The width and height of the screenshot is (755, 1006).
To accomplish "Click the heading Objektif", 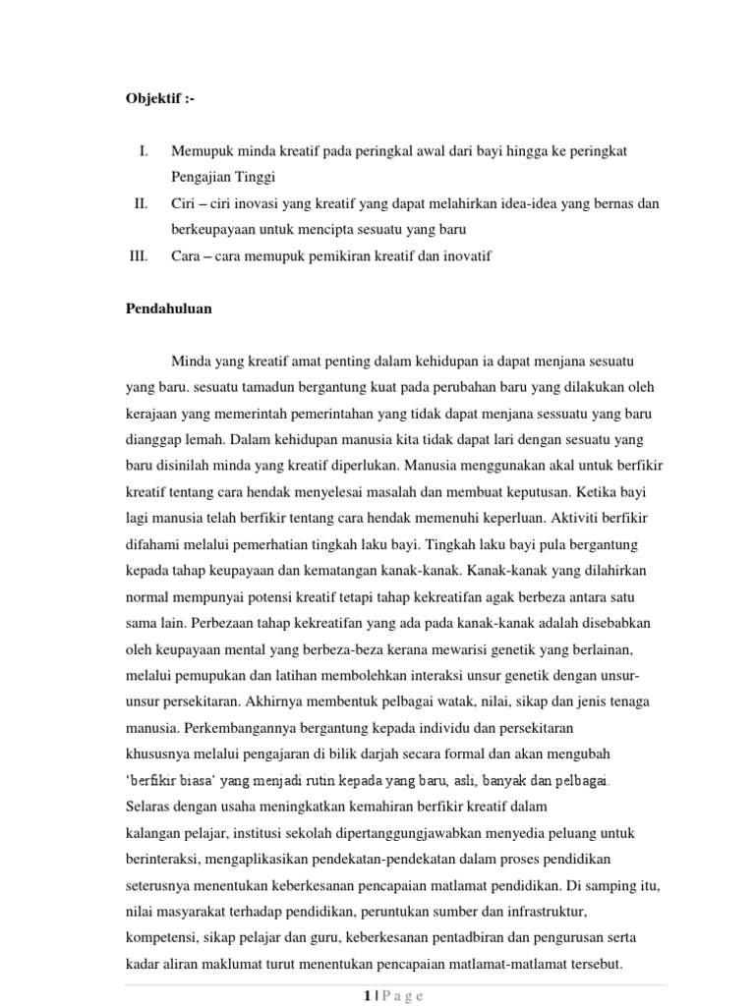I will (x=154, y=100).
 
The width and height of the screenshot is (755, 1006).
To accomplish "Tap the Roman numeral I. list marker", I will (x=144, y=151).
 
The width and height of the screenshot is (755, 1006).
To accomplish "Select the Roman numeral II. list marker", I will (x=141, y=203).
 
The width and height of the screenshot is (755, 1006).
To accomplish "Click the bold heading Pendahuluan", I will (x=168, y=308).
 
